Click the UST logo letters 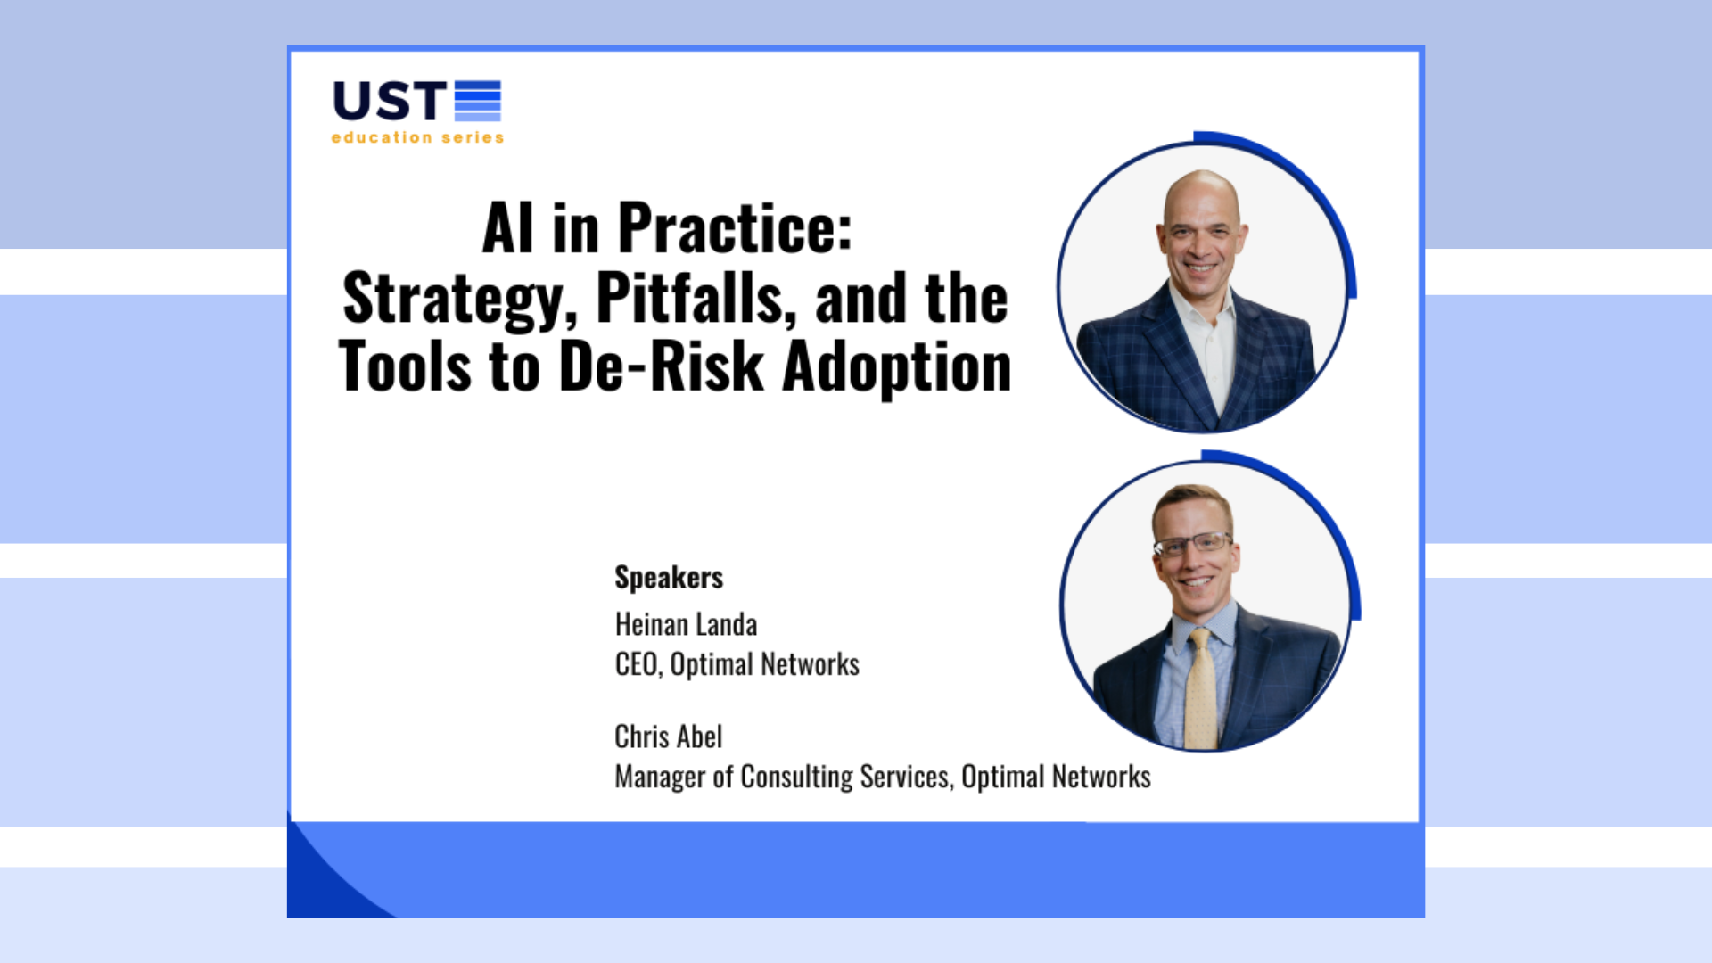tap(389, 101)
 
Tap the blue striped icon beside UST tap(478, 100)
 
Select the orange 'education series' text tap(417, 137)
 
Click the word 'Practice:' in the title tap(735, 228)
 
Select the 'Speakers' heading tap(669, 578)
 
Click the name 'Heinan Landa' tap(686, 624)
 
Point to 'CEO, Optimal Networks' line tap(737, 664)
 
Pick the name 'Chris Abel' tap(669, 737)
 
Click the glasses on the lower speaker tap(1194, 544)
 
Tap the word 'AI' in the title tap(507, 228)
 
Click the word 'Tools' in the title tap(405, 366)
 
